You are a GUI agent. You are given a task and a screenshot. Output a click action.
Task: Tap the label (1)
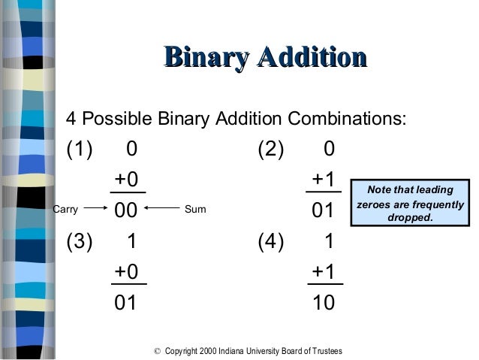click(82, 150)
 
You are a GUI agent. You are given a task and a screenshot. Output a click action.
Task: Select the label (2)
click(271, 150)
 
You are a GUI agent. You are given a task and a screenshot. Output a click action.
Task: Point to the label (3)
click(82, 242)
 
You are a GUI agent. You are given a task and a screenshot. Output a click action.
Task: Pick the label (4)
click(271, 242)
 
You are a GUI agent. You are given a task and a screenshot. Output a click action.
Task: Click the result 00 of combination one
click(125, 211)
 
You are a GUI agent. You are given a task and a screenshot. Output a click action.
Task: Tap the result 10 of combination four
click(323, 303)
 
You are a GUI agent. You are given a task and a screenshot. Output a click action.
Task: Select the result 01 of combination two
click(323, 211)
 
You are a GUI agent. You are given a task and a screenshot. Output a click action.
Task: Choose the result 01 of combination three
click(125, 303)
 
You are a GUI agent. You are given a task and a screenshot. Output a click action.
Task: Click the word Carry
click(65, 209)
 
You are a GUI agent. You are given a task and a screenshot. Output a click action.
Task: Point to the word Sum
click(194, 209)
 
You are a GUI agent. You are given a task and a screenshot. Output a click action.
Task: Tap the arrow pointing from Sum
click(161, 209)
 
